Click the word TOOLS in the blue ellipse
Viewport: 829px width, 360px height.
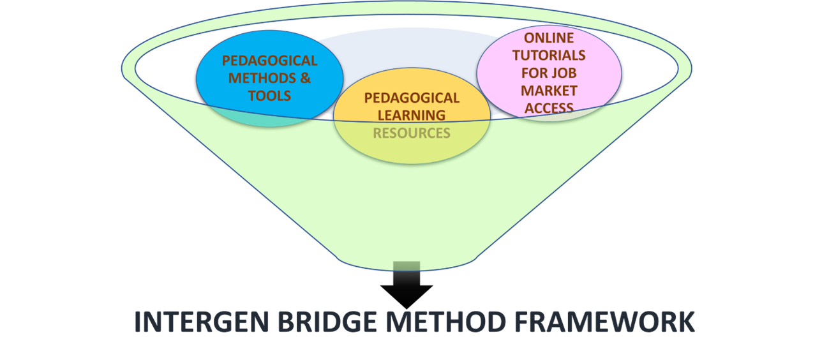pos(269,96)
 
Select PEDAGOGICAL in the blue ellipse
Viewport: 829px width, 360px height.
pos(269,61)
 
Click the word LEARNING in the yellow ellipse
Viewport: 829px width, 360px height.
pos(412,116)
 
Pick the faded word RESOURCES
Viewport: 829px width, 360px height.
pos(412,133)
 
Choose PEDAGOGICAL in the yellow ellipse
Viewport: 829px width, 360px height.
pos(412,98)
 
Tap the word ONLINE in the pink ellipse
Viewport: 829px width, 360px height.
pos(549,38)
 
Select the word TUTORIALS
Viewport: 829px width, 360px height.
pos(549,55)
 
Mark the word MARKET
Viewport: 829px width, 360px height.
pos(549,90)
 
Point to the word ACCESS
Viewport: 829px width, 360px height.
pos(549,107)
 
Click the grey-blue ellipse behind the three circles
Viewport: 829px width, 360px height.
pos(408,51)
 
